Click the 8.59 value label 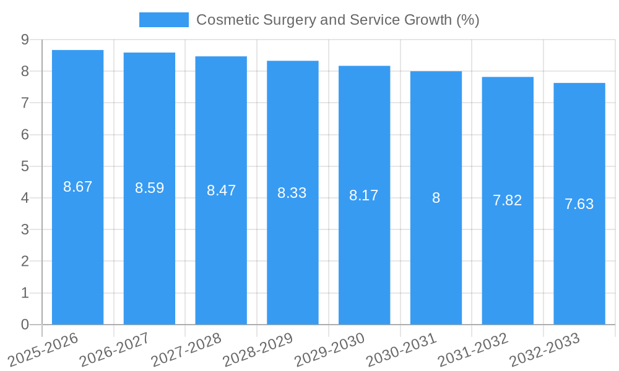[x=149, y=188]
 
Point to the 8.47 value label [x=221, y=190]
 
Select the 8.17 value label [x=363, y=195]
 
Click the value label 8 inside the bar [x=436, y=198]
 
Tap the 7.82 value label [x=507, y=200]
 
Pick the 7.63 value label [x=579, y=204]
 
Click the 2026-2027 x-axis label [x=116, y=349]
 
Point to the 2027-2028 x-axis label [x=187, y=349]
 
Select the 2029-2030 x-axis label [x=330, y=349]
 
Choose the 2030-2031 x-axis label [x=402, y=349]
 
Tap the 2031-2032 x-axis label [x=473, y=349]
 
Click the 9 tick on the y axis [x=25, y=40]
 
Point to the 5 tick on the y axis [x=25, y=166]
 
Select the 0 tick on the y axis [x=25, y=325]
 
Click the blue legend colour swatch [x=163, y=20]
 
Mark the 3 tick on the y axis [x=25, y=230]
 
